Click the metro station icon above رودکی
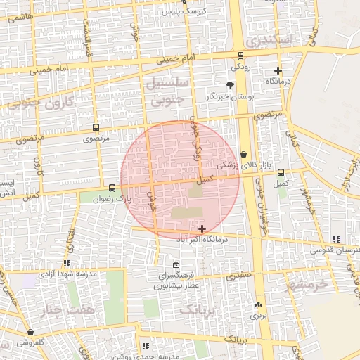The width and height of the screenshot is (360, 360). click(x=241, y=55)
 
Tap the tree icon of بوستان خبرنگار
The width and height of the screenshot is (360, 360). click(x=230, y=85)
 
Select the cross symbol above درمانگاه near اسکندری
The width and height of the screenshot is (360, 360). click(x=278, y=70)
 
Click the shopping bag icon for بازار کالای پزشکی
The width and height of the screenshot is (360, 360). click(x=243, y=154)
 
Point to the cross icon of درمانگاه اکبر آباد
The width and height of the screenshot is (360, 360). click(x=202, y=229)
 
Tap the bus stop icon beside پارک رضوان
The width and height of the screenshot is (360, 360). click(x=112, y=188)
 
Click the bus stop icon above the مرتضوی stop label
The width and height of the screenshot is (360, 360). click(x=96, y=128)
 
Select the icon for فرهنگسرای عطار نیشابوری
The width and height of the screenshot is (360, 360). click(x=176, y=265)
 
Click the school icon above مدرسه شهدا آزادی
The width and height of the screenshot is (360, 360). click(x=67, y=263)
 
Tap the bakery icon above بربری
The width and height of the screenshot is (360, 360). click(x=258, y=305)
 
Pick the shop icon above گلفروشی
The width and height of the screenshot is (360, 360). click(x=30, y=332)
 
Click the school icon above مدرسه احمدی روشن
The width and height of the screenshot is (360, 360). click(x=146, y=346)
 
